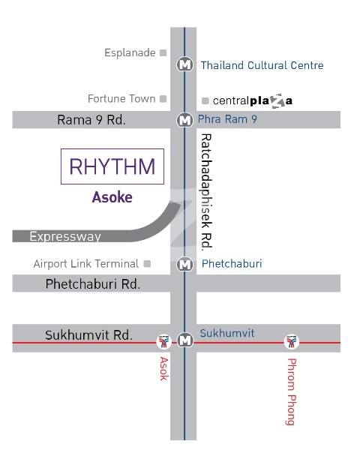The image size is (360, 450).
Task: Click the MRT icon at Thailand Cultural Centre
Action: point(184,64)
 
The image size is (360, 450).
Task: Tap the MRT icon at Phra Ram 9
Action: point(184,120)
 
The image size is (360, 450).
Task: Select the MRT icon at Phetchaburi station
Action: point(184,264)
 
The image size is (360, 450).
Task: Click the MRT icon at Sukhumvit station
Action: point(185,340)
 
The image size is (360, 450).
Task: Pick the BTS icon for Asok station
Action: point(163,341)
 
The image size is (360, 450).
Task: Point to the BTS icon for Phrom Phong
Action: point(292,341)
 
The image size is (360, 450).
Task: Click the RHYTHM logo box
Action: point(112,166)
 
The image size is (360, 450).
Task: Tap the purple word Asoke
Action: point(112,197)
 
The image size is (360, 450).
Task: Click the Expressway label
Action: point(65,237)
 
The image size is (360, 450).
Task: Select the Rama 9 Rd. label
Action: point(91,120)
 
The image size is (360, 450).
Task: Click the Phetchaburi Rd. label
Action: point(93,284)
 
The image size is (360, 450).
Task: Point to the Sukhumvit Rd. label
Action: point(88,335)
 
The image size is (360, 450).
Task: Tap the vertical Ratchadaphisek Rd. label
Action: point(206,192)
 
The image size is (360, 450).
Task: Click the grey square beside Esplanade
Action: point(163,52)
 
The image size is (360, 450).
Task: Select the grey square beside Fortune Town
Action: point(163,99)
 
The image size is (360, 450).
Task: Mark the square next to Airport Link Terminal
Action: point(147,264)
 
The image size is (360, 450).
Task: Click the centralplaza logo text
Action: point(253,100)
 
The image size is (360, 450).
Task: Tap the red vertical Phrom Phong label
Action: point(292,391)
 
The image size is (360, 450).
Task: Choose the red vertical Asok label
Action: point(163,369)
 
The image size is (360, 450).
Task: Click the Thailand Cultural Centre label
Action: point(262,65)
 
